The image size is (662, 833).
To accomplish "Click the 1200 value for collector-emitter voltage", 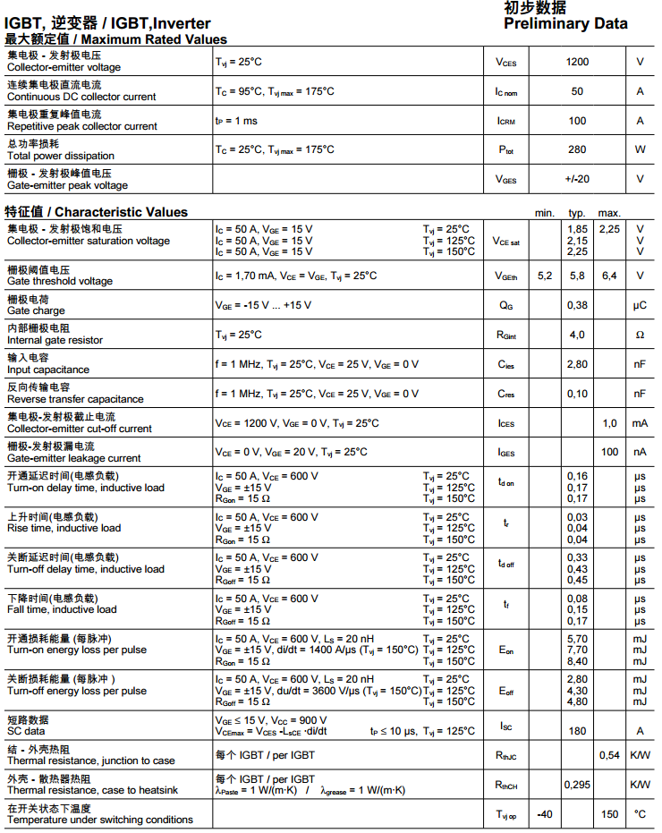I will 577,62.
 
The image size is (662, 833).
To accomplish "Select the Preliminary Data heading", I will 565,24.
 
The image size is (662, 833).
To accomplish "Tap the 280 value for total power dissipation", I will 577,149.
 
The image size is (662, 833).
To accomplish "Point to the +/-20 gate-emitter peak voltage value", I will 577,179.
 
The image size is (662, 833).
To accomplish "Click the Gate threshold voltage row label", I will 60,281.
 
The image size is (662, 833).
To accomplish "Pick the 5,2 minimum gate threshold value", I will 545,276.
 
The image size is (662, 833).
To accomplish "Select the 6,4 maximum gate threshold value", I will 609,276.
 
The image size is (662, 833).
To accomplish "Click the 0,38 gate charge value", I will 577,305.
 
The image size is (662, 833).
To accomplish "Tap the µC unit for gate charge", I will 640,305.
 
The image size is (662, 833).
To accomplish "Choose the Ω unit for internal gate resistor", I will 640,335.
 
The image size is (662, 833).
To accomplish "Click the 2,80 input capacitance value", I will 577,364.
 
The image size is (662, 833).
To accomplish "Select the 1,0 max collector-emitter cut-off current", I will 609,423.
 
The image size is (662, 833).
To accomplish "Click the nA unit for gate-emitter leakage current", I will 640,452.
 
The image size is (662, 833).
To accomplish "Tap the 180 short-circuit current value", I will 577,731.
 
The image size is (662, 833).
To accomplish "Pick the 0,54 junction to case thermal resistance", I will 609,755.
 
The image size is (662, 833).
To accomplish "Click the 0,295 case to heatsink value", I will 577,785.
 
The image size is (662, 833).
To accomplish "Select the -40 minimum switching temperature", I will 545,814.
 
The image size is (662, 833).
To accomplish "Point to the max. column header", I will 609,213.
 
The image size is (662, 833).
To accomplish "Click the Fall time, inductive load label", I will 62,609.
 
